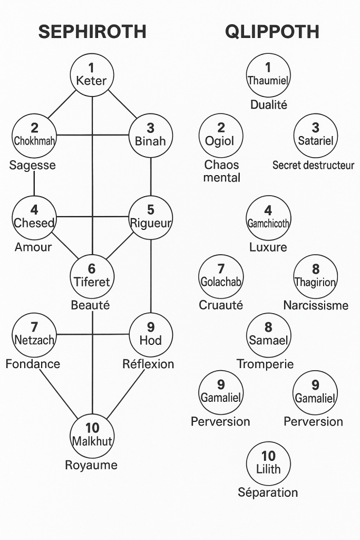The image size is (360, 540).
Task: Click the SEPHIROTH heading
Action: coord(92,32)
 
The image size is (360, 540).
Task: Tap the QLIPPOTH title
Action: coord(272,32)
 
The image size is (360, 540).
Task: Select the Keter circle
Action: coord(92,75)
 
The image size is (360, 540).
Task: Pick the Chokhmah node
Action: coord(34,136)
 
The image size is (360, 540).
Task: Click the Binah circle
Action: coord(151,136)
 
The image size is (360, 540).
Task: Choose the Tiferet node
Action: coord(92,276)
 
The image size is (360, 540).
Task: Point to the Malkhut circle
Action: coord(92,435)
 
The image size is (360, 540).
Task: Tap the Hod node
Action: coord(151,334)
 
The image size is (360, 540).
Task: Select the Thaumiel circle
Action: coord(268,75)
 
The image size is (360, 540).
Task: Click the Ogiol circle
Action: coord(221,136)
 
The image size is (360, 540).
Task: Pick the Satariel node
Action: coord(315,136)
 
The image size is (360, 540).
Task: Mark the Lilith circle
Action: coord(268,463)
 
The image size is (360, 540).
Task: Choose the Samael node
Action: coord(268,334)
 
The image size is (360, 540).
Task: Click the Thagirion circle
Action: coord(315,276)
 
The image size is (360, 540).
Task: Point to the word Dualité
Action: coord(268,104)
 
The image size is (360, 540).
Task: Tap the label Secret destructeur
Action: coord(313,166)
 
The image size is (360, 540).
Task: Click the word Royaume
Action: coord(91,465)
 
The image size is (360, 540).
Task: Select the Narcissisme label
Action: coord(316,305)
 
